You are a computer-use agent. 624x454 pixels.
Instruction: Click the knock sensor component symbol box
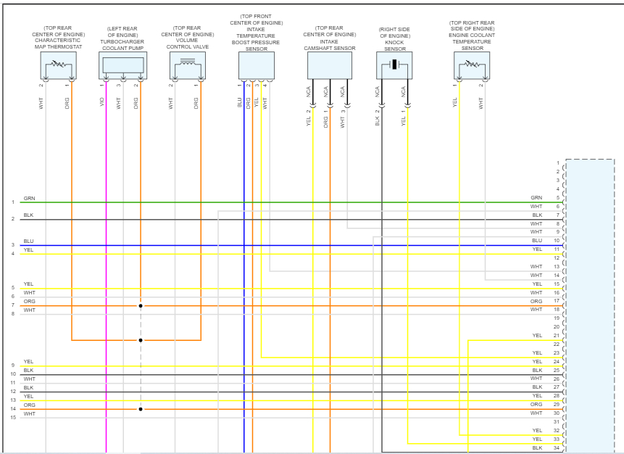pos(394,65)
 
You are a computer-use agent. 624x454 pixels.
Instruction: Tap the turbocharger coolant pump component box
pos(122,65)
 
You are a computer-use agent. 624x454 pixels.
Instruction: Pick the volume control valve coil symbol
pos(188,65)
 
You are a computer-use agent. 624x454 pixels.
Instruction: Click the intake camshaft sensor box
pos(330,65)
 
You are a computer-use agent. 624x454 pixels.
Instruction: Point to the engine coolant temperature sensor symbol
pos(472,65)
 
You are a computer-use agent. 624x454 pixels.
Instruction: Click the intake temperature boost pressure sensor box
pos(256,65)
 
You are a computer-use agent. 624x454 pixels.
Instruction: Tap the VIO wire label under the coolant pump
pos(102,103)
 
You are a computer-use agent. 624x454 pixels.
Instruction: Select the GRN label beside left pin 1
pos(29,198)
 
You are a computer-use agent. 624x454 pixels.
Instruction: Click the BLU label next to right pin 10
pos(536,241)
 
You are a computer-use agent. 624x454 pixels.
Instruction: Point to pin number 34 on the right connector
pos(557,448)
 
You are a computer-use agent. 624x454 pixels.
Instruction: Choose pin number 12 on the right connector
pos(557,258)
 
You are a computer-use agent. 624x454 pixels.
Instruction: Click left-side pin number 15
pos(13,418)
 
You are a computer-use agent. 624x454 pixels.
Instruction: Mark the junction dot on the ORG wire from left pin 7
pos(141,306)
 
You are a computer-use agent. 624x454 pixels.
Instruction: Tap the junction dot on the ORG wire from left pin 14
pos(141,409)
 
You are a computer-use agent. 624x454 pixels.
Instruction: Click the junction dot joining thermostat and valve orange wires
pos(141,340)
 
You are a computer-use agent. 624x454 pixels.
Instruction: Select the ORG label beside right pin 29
pos(536,405)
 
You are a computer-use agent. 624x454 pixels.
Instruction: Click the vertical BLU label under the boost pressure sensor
pos(240,103)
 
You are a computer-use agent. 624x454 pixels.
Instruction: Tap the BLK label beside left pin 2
pos(28,215)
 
